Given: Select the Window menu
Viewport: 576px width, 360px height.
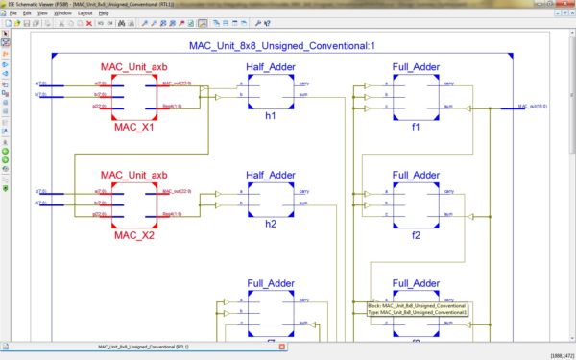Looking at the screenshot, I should tap(61, 12).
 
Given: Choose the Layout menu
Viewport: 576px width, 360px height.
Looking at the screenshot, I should tap(85, 12).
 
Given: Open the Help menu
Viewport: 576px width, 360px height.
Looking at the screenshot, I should tap(104, 12).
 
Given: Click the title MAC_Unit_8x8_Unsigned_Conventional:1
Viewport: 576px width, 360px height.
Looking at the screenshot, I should tap(278, 46).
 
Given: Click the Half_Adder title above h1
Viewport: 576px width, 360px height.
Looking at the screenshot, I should tap(271, 66).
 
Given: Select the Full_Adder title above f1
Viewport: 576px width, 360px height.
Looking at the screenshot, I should tap(417, 66).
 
